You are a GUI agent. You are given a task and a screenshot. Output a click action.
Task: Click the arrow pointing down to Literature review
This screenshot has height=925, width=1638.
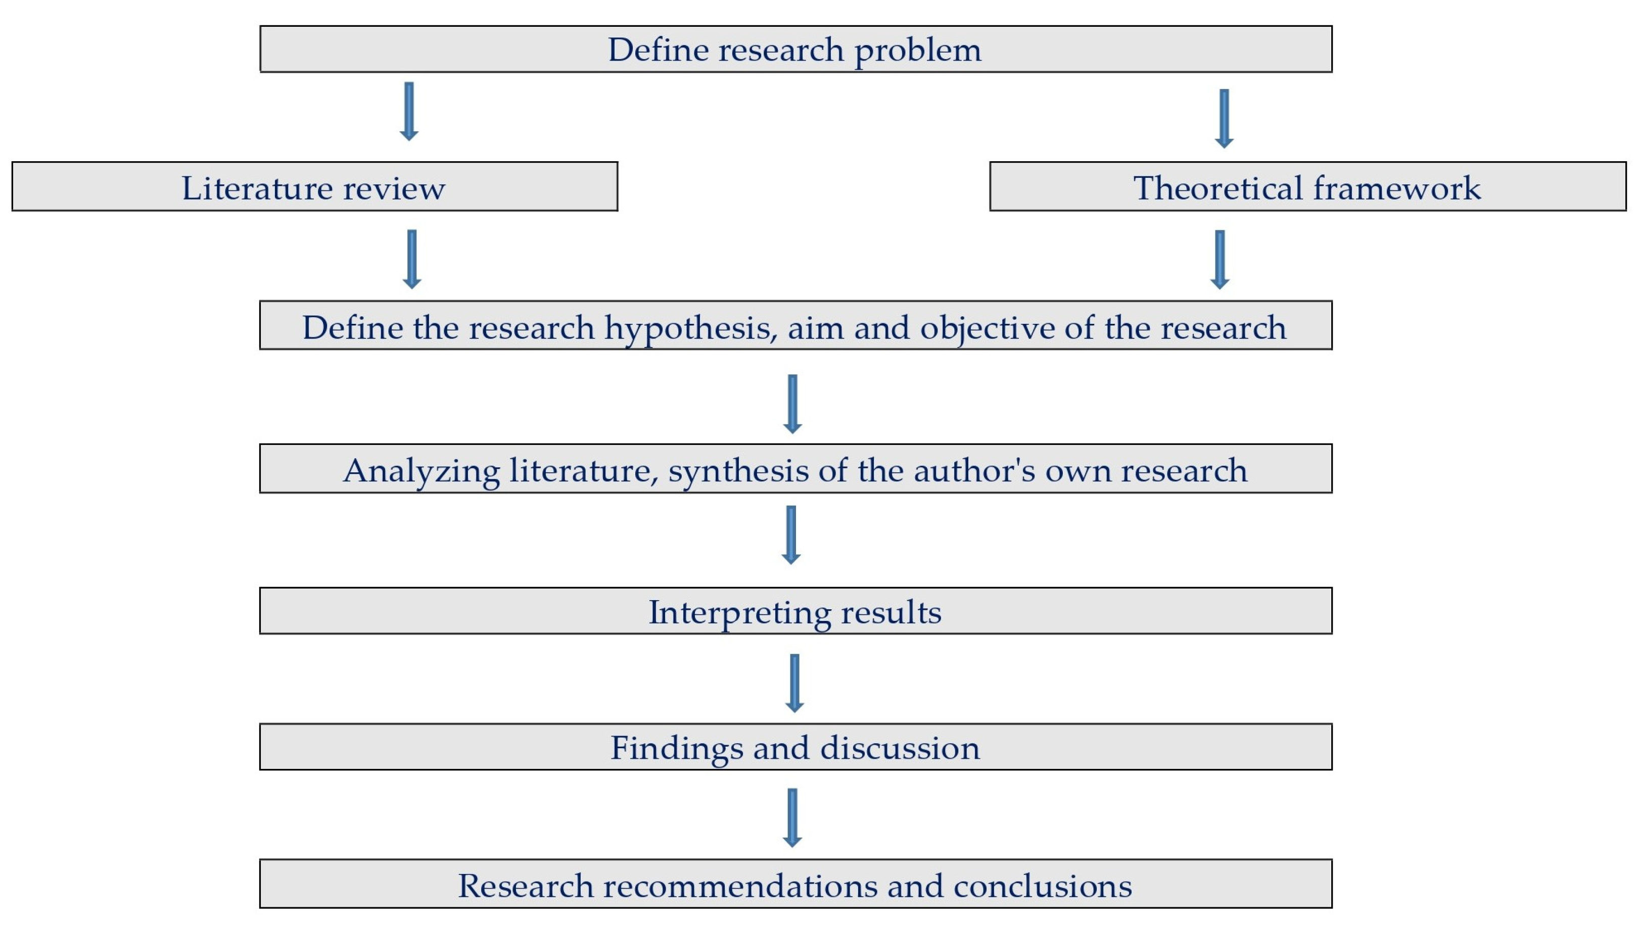pyautogui.click(x=409, y=111)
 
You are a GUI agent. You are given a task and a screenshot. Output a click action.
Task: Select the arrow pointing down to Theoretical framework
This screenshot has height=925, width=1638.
pyautogui.click(x=1224, y=118)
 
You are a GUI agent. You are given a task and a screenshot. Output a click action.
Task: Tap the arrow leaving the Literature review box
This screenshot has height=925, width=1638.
pyautogui.click(x=411, y=259)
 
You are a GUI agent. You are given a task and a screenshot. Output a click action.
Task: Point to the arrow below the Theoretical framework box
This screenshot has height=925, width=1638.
pyautogui.click(x=1219, y=259)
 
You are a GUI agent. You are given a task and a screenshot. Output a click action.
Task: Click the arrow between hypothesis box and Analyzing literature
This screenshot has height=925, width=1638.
pyautogui.click(x=792, y=404)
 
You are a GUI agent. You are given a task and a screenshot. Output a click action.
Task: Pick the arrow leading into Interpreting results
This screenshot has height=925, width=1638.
pyautogui.click(x=791, y=534)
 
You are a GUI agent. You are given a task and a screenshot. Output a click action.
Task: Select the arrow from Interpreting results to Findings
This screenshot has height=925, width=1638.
pyautogui.click(x=794, y=683)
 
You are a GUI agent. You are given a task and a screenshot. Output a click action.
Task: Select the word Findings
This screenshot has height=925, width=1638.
pyautogui.click(x=677, y=748)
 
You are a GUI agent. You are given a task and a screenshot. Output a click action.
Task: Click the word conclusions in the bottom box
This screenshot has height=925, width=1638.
pyautogui.click(x=1042, y=886)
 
